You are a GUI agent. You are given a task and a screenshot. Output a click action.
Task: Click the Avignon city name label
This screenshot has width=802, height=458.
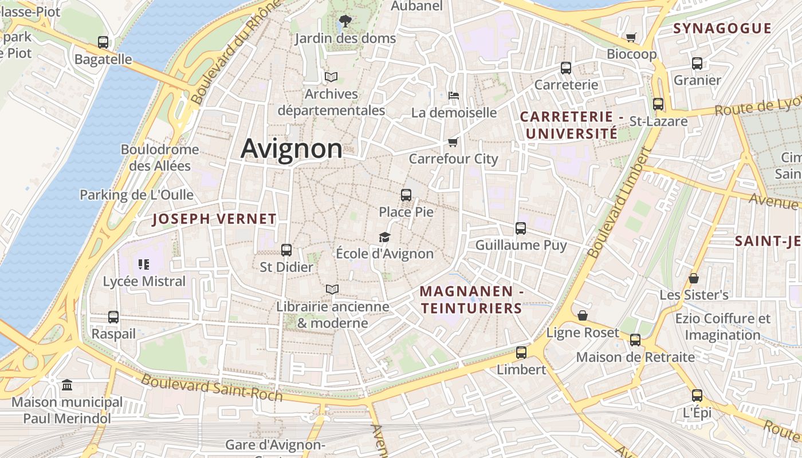click(292, 148)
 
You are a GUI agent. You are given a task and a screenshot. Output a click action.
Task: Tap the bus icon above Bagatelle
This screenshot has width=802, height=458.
click(103, 42)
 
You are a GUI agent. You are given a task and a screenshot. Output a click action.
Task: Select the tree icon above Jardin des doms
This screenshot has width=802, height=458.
click(345, 21)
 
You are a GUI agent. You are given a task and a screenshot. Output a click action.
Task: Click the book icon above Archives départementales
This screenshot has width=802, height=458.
click(331, 77)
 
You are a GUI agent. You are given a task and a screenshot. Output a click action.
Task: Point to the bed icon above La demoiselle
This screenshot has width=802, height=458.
click(454, 95)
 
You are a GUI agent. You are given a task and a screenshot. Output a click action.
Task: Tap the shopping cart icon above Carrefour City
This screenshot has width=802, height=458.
click(453, 141)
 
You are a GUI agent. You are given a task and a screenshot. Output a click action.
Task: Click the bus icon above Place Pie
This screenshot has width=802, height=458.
click(406, 195)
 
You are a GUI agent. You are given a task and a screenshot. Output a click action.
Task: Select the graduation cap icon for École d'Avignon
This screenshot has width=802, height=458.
click(384, 237)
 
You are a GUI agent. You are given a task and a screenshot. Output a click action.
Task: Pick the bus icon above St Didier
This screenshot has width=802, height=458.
click(286, 250)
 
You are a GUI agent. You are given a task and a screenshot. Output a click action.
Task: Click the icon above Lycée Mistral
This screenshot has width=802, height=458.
click(144, 264)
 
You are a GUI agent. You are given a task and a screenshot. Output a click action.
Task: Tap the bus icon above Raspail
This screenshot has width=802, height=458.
click(113, 317)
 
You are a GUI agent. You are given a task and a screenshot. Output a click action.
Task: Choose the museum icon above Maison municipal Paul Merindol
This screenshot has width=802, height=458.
click(67, 385)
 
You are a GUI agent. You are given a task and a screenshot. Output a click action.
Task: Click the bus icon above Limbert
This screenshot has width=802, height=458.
click(521, 353)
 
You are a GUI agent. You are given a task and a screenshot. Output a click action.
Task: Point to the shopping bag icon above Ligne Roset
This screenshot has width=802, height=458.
click(583, 315)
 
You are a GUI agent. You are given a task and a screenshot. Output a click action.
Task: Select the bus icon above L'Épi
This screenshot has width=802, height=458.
click(697, 396)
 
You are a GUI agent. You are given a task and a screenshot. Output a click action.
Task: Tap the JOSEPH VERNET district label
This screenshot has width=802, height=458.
click(214, 219)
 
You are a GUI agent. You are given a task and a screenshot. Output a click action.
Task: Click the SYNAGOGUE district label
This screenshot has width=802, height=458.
click(722, 29)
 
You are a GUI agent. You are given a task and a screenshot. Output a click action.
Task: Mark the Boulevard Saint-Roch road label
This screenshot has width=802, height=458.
click(212, 388)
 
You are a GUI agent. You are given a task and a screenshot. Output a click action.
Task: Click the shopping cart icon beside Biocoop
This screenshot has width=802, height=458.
click(631, 38)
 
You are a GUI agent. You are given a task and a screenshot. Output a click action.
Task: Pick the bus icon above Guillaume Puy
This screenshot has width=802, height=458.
click(521, 228)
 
